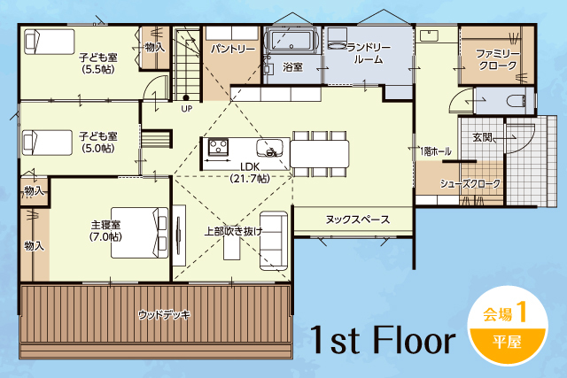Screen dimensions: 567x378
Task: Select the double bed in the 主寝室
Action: click(x=140, y=232)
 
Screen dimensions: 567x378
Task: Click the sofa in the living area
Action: click(x=274, y=241)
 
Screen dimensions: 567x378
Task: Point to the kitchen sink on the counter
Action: click(x=269, y=148)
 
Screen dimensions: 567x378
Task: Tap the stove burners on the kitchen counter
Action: click(x=219, y=147)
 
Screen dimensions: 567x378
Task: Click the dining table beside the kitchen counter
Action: click(x=320, y=153)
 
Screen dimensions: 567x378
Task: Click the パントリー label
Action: click(x=233, y=49)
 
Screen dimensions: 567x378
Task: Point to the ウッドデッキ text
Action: click(x=164, y=315)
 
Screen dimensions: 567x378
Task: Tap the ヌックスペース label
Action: click(x=357, y=220)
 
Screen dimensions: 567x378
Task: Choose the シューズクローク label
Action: click(x=470, y=183)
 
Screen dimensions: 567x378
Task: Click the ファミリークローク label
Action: click(x=498, y=59)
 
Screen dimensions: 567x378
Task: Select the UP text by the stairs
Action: click(x=187, y=108)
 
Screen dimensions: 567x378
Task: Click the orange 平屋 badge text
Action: click(x=507, y=342)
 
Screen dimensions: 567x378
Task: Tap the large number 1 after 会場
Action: click(x=521, y=312)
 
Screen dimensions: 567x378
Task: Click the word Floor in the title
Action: click(x=414, y=340)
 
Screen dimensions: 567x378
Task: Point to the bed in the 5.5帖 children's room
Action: click(x=50, y=42)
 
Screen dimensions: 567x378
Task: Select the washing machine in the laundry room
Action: click(x=337, y=38)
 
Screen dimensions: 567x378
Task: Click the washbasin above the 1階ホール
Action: click(x=429, y=36)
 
